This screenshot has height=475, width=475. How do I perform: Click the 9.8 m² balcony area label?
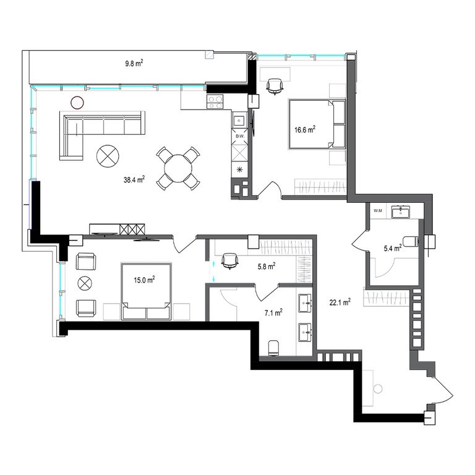(x=134, y=63)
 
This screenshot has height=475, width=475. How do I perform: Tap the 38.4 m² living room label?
(x=134, y=179)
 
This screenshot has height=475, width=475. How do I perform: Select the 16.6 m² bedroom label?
(x=305, y=130)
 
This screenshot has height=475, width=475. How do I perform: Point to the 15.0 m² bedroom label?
(x=144, y=280)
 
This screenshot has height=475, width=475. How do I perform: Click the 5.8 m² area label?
(x=267, y=267)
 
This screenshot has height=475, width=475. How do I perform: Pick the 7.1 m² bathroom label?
(x=273, y=312)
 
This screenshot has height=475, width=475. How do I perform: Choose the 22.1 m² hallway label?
(x=340, y=302)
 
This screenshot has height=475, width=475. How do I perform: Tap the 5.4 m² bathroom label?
(x=393, y=249)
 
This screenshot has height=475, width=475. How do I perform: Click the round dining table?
(x=178, y=168)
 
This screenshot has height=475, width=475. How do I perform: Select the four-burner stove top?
(x=215, y=101)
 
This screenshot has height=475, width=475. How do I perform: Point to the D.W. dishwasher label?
(x=240, y=136)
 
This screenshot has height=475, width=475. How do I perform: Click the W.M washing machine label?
(x=378, y=211)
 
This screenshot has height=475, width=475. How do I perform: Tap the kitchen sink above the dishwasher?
(x=239, y=120)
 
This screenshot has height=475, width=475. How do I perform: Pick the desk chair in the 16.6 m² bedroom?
(x=275, y=86)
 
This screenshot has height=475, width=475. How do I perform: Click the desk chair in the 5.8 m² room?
(x=230, y=261)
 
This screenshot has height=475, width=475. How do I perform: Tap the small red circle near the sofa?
(x=77, y=103)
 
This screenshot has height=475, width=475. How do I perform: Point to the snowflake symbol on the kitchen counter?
(x=239, y=169)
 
